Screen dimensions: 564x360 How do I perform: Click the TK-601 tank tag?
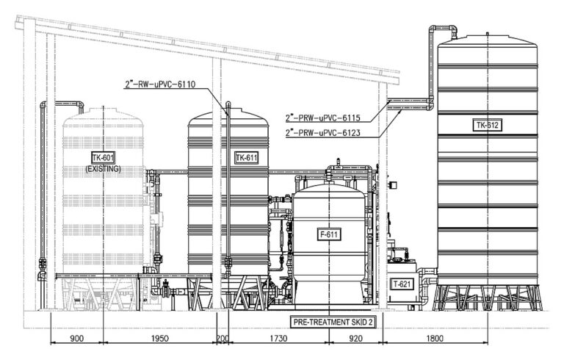point(104,158)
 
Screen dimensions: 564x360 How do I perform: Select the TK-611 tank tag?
point(247,158)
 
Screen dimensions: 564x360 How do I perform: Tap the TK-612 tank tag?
point(488,126)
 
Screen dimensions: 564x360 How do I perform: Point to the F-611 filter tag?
point(329,234)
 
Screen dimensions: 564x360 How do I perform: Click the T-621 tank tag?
point(402,284)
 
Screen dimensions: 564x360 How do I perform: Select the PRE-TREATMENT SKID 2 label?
point(333,322)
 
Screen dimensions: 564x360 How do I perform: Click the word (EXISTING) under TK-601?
point(104,169)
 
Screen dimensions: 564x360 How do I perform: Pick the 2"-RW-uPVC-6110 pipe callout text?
point(160,84)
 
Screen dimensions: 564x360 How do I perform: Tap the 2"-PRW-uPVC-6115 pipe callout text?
point(322,118)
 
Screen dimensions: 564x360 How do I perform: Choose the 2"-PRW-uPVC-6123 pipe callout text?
point(322,133)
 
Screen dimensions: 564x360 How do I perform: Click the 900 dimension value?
point(76,339)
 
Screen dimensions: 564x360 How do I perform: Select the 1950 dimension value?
point(159,339)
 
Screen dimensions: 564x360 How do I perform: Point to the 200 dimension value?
point(223,339)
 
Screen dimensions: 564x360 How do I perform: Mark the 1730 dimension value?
point(278,339)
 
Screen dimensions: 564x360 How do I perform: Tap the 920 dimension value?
point(355,339)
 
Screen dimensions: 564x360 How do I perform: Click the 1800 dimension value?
point(435,339)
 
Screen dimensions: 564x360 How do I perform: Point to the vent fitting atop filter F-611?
point(338,162)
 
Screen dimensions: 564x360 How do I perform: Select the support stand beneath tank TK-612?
point(488,298)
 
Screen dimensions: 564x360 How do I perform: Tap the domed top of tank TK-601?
point(104,116)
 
